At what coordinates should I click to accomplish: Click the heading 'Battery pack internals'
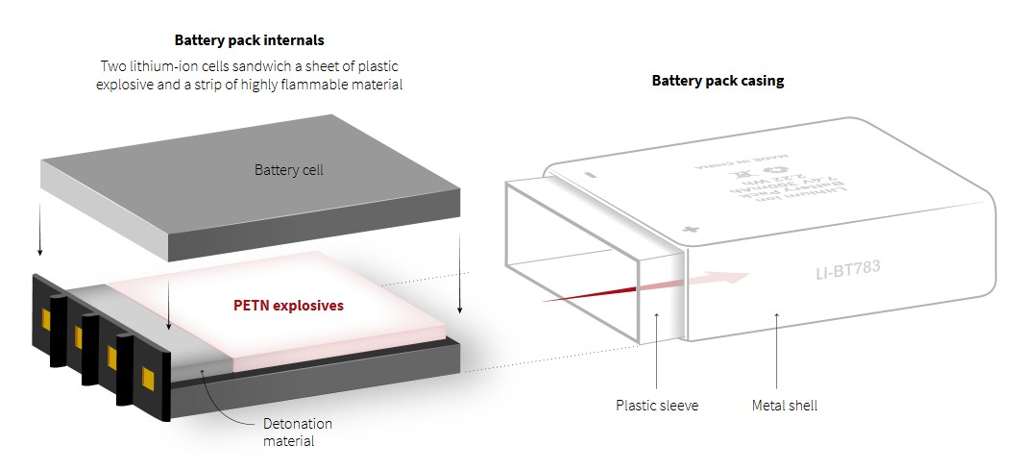click(249, 40)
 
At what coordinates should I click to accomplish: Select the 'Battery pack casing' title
click(718, 81)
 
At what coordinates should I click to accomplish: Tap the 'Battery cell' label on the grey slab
click(288, 170)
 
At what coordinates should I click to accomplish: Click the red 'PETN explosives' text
click(288, 306)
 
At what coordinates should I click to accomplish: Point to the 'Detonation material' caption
click(297, 433)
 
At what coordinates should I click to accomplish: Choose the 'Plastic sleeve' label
click(657, 406)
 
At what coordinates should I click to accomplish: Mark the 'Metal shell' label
click(784, 406)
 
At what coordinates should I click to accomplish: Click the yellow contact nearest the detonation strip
click(148, 376)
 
